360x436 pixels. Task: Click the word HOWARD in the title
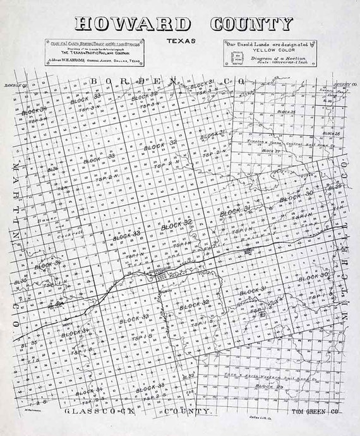tap(133, 24)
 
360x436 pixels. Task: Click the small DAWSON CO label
tap(13, 84)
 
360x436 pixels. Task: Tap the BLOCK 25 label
tap(287, 112)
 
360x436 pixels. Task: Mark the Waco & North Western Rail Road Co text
tap(265, 375)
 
